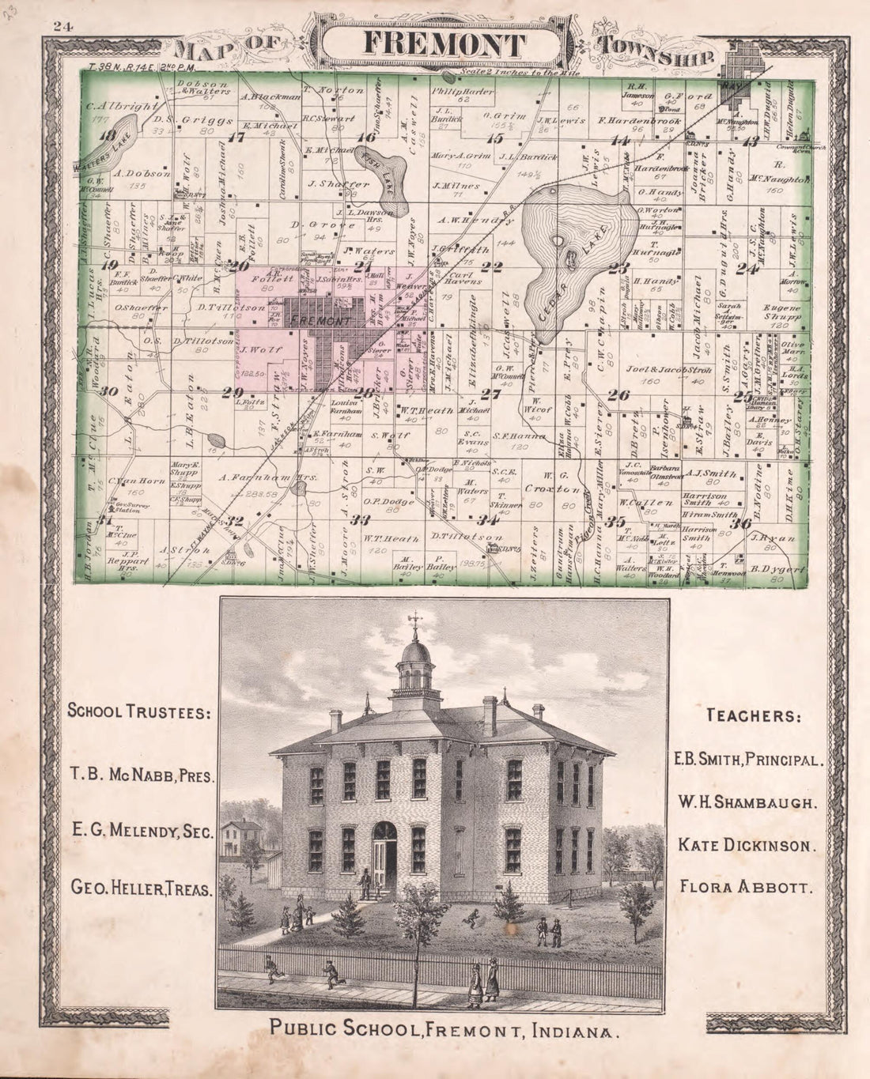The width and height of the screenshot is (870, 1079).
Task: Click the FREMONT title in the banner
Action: (x=443, y=43)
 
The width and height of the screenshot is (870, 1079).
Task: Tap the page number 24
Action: (x=63, y=26)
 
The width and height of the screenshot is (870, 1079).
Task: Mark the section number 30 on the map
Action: (x=108, y=391)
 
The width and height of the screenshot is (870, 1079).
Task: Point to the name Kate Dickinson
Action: (x=746, y=844)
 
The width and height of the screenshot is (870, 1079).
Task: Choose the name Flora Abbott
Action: (x=746, y=885)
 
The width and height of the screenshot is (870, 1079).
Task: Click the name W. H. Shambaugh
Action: (x=746, y=802)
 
